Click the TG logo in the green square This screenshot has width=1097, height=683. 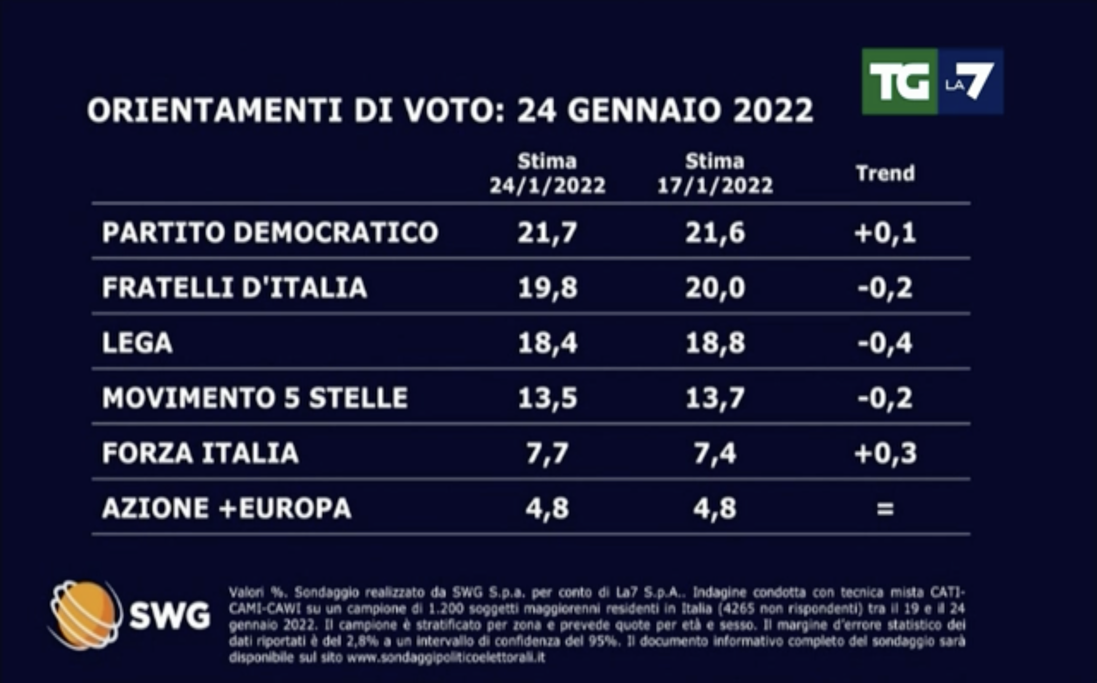coord(899,82)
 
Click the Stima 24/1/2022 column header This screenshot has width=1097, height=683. coord(547,174)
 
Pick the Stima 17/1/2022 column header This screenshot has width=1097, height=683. coord(715,174)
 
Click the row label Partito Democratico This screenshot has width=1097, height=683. coord(270,232)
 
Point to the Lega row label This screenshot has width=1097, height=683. coord(138,343)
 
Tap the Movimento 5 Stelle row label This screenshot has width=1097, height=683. coord(255,398)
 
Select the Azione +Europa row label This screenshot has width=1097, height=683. coord(227,508)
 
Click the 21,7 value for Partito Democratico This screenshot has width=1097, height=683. coord(547,233)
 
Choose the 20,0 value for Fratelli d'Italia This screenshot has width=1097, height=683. coord(715,288)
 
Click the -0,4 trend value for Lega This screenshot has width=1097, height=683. coord(885,343)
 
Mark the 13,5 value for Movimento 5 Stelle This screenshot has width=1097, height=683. coord(547,398)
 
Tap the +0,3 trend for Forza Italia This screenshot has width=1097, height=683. coord(885,453)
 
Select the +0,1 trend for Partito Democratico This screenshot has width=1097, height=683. coord(885,233)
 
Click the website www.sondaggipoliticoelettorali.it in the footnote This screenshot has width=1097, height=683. coord(446,658)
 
